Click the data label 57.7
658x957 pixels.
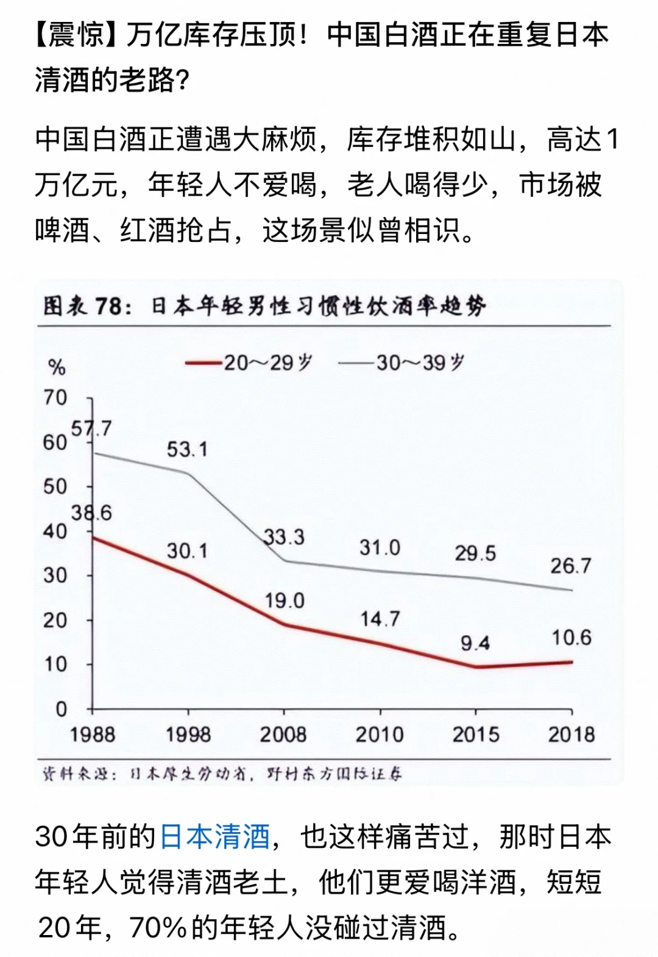tap(91, 429)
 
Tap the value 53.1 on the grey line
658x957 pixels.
tap(187, 450)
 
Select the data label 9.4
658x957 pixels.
tap(475, 642)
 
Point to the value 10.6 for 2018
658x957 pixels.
tap(571, 638)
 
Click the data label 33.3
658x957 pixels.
tap(284, 537)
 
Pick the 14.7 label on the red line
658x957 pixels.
tap(380, 619)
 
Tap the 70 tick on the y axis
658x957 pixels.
tap(55, 397)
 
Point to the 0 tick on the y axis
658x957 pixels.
tap(61, 709)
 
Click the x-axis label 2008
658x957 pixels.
tap(283, 735)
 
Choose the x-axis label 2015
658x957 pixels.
tap(475, 735)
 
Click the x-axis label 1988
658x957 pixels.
tap(92, 735)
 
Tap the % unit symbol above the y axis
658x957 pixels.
tap(56, 368)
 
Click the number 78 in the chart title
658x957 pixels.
tap(108, 305)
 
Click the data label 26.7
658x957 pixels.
tap(570, 566)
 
